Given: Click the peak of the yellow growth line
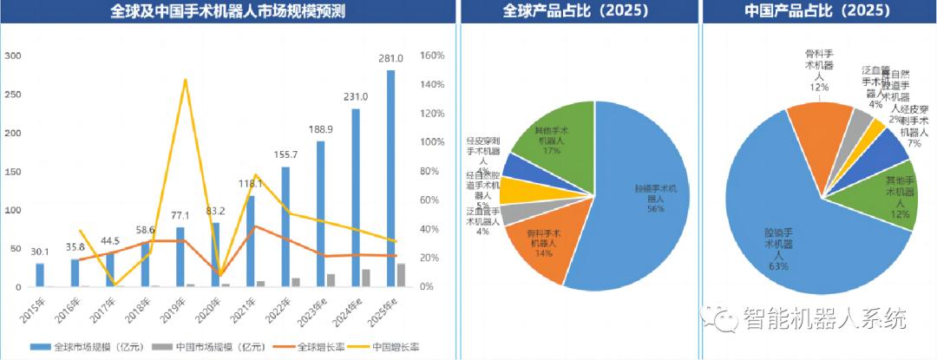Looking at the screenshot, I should pyautogui.click(x=185, y=80).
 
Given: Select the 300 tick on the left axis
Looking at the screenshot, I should pyautogui.click(x=13, y=56).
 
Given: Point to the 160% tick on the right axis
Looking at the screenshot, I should pyautogui.click(x=431, y=56).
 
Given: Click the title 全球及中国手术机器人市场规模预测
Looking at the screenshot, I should pyautogui.click(x=227, y=12).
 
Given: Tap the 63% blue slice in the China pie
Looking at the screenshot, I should pyautogui.click(x=781, y=234).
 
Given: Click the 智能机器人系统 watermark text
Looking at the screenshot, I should pyautogui.click(x=823, y=318).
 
